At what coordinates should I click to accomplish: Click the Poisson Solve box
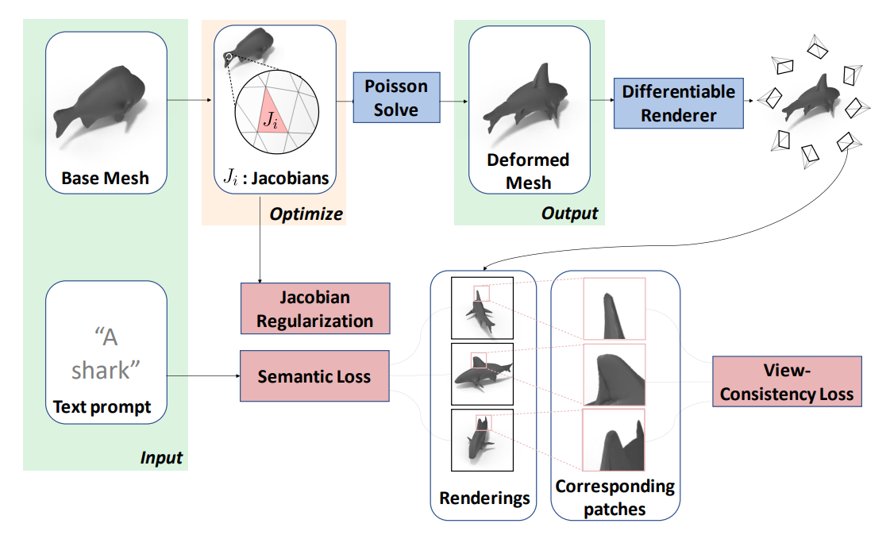pos(396,98)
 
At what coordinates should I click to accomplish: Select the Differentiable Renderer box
pos(678,103)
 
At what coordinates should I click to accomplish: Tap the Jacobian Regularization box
pos(315,309)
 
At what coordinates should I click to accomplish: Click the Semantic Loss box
pos(314,376)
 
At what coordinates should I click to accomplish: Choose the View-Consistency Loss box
pos(787,382)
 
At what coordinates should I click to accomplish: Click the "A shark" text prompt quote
pos(106,353)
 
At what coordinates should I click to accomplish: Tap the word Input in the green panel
pos(161,458)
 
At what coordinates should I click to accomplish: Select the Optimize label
pos(306,214)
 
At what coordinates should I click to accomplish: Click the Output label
pos(569,214)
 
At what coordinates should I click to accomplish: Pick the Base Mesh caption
pos(105,178)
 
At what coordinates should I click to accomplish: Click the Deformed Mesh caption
pos(529,171)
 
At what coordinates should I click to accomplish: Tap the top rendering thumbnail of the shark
pos(482,308)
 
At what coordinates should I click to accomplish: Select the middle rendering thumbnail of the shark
pos(482,374)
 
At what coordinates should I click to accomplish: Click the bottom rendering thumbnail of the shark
pos(482,441)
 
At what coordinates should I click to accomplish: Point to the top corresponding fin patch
pos(615,309)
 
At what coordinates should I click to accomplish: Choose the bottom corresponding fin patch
pos(614,440)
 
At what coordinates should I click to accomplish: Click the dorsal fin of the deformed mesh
pos(541,76)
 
